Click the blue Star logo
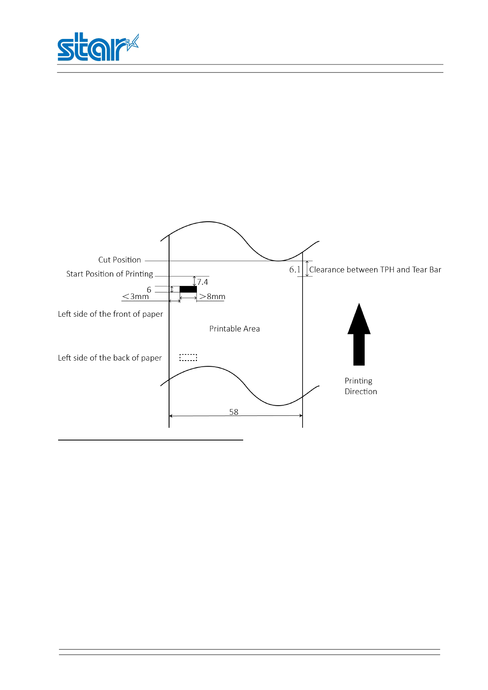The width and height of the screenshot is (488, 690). click(97, 48)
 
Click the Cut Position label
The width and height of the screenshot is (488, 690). click(120, 260)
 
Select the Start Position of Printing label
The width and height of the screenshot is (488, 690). click(110, 274)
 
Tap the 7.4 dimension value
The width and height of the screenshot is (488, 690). click(203, 282)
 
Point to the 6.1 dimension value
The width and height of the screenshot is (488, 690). click(295, 270)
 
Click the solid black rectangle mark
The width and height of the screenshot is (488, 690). click(188, 289)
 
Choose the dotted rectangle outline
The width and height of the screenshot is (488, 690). click(188, 358)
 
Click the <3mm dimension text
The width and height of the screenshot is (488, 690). click(136, 296)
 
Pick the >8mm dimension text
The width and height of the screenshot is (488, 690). click(212, 296)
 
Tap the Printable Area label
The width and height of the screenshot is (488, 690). click(235, 329)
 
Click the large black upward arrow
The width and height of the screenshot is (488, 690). click(359, 334)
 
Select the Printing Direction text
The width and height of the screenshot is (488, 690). click(360, 386)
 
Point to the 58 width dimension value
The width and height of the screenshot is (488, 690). click(234, 412)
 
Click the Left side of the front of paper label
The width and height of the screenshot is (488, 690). click(111, 314)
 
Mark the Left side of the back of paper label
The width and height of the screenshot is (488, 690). click(110, 358)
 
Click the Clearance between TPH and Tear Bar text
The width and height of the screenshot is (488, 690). click(375, 270)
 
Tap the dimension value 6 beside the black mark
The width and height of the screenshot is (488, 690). click(149, 290)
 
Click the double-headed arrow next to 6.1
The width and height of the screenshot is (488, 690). click(307, 268)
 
